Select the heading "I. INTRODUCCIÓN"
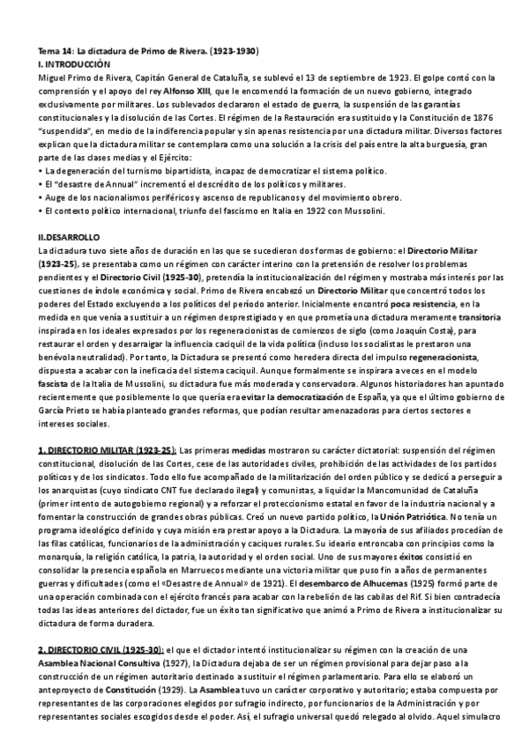click(75, 64)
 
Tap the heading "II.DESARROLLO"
click(70, 237)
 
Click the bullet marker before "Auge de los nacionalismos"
click(41, 198)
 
